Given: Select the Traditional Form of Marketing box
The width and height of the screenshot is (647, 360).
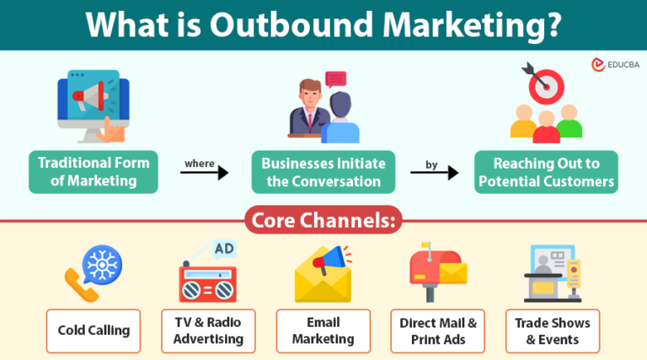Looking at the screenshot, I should (x=94, y=171).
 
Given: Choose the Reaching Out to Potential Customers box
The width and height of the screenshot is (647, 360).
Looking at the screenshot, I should (x=545, y=171).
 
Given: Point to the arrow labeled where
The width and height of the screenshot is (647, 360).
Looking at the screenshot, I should (x=205, y=172).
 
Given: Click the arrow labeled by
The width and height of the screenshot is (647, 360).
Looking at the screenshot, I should (x=434, y=172).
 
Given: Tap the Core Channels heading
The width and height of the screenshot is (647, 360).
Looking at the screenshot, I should (x=323, y=220).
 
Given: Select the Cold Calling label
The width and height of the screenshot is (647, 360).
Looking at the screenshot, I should (x=94, y=330).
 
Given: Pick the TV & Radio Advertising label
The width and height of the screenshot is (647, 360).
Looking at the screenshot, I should (x=208, y=330).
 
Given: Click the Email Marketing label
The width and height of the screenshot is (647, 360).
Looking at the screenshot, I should (x=323, y=330).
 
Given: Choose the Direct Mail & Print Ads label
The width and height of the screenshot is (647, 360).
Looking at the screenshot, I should (x=438, y=330).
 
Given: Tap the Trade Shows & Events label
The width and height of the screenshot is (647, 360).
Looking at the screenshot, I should (x=552, y=330).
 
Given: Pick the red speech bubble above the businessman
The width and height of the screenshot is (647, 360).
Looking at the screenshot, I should (x=336, y=79).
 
